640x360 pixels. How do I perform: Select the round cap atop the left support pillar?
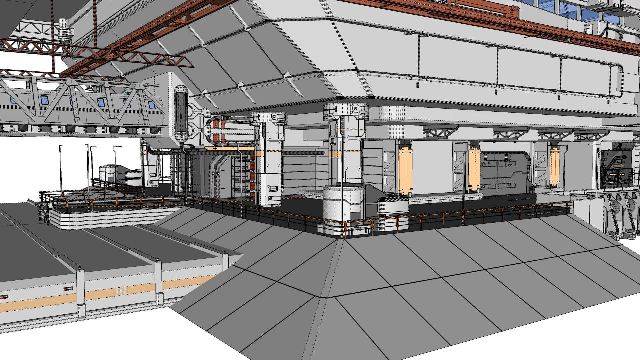(269, 117)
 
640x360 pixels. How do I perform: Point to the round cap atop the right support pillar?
(346, 111)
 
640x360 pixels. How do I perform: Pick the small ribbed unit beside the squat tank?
(393, 205)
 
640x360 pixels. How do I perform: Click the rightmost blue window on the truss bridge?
(151, 105)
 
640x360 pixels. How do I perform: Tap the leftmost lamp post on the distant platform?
(61, 167)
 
